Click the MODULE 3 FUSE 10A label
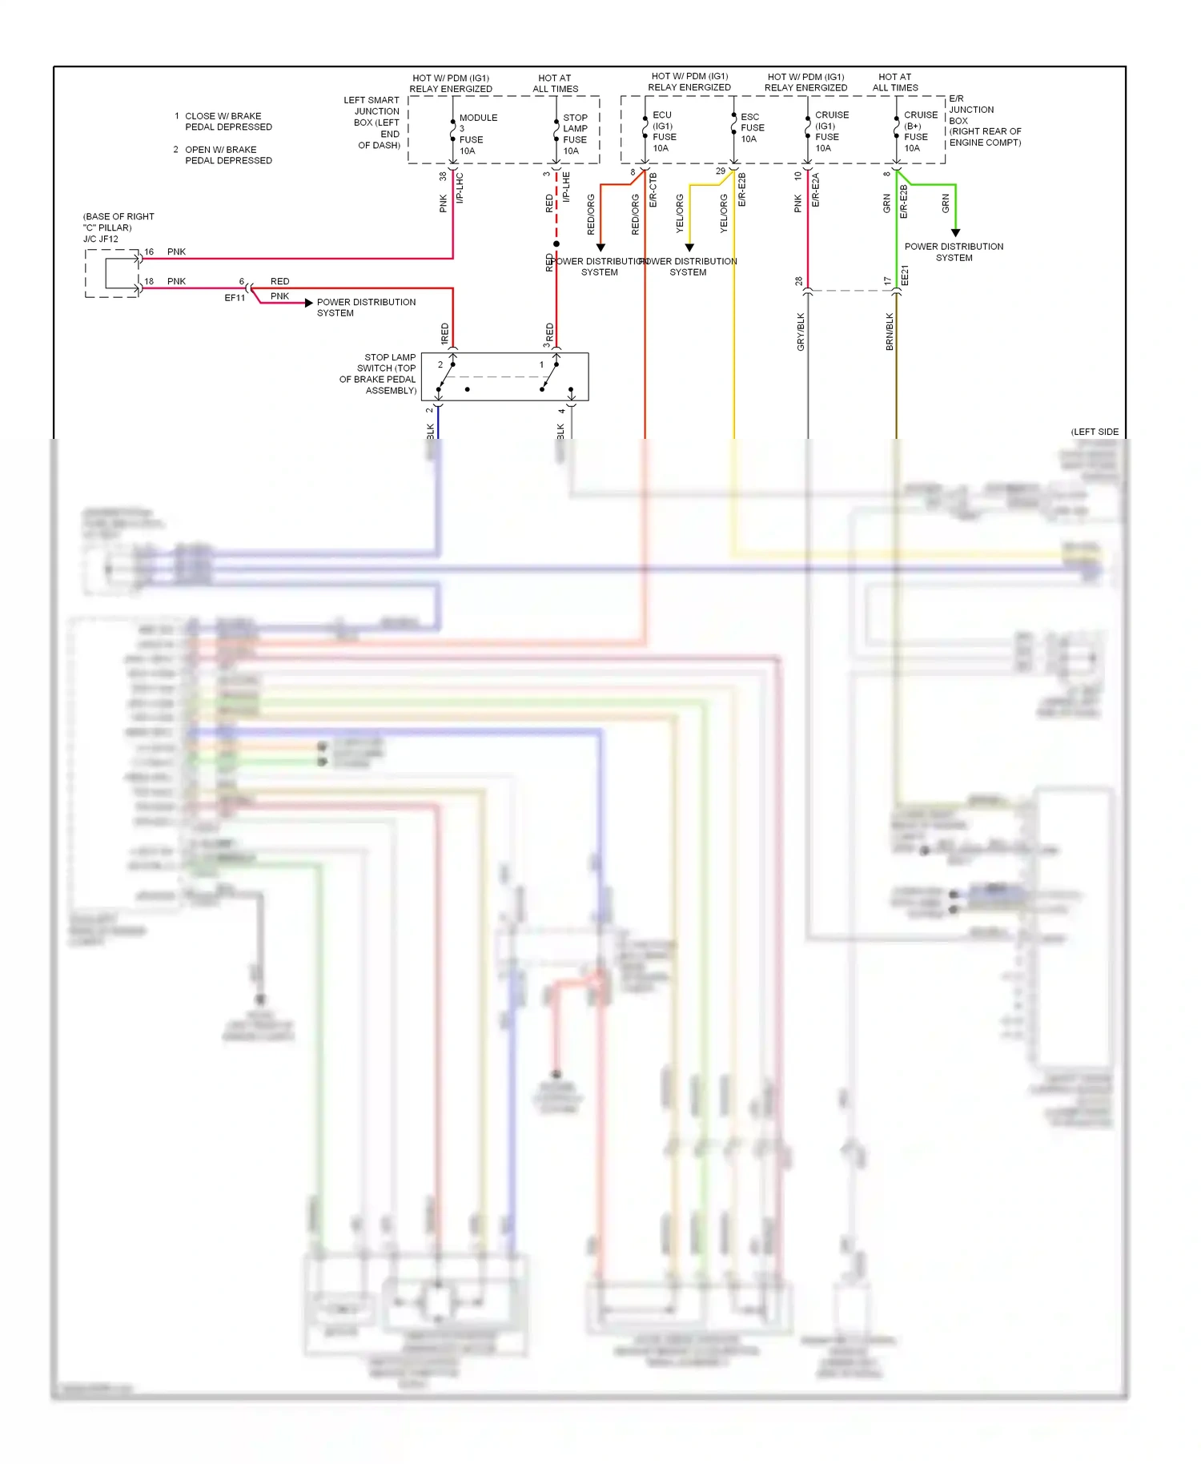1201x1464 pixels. (477, 134)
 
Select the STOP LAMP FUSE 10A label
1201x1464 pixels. (574, 134)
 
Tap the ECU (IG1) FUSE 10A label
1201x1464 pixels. (664, 131)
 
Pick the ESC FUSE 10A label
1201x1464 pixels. (752, 127)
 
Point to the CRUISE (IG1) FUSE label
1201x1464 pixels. (831, 131)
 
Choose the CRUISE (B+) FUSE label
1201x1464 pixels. (920, 131)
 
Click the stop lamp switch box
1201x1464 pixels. (504, 376)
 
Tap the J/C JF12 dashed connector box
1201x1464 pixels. (112, 273)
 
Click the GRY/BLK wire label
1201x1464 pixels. (801, 332)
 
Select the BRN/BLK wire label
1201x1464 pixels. (890, 332)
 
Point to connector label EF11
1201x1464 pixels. (235, 298)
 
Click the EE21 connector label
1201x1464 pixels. (905, 276)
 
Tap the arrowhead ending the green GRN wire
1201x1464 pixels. (955, 232)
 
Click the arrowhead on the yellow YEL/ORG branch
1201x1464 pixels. (689, 247)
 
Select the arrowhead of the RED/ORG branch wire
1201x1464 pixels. (600, 247)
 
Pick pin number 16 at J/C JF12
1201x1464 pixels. (149, 251)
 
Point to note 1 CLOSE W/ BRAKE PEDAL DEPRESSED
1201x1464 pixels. (223, 121)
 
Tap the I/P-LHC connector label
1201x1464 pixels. (460, 187)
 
